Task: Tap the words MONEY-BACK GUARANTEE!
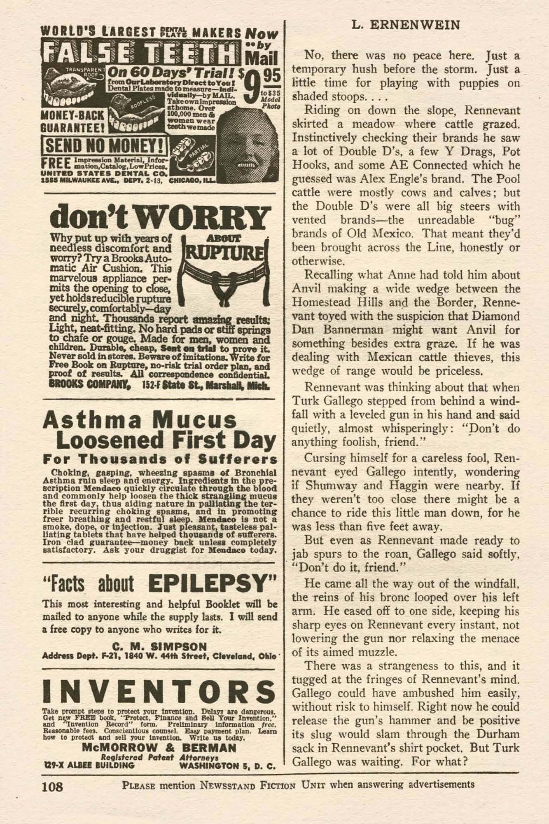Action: pos(73,120)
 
